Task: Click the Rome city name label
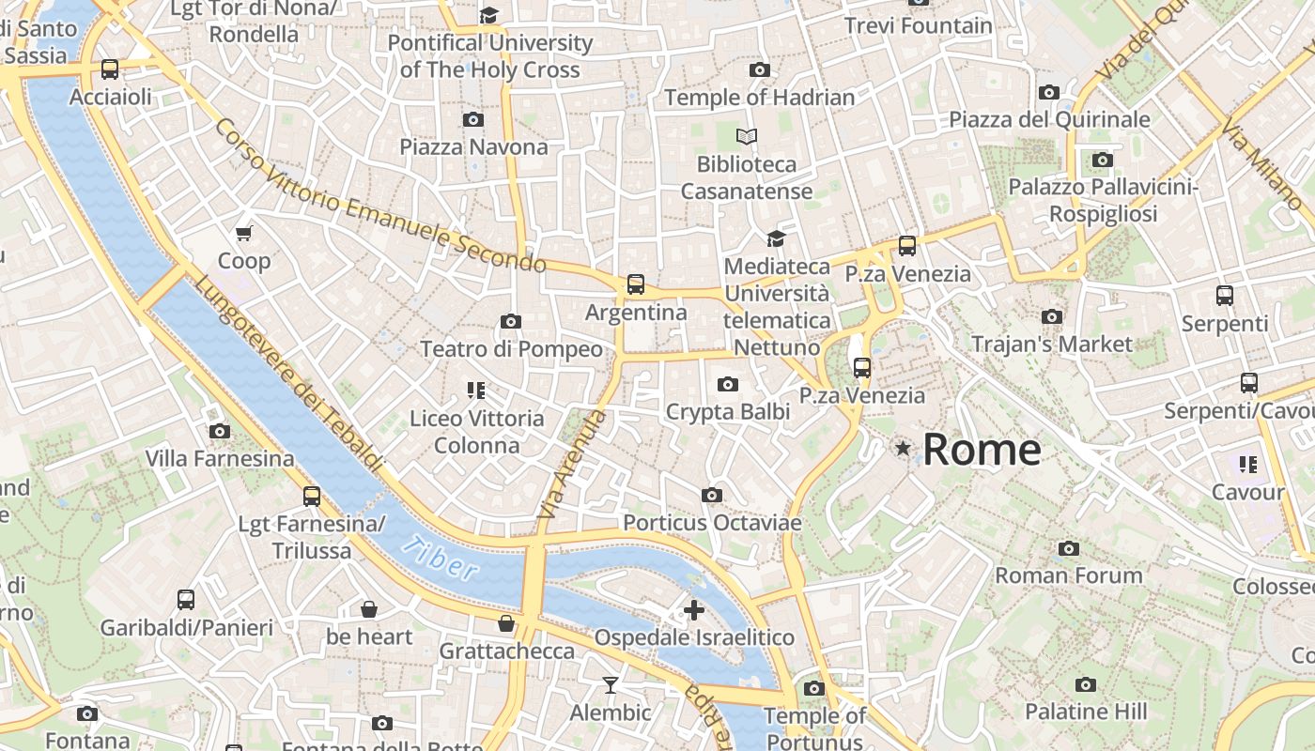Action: pos(982,450)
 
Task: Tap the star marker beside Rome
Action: pos(903,449)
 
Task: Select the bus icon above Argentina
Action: pos(636,284)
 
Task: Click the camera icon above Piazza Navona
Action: pos(473,119)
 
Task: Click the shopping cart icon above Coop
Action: pos(244,233)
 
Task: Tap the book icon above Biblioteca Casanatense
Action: pos(747,137)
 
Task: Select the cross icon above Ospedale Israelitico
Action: pos(694,611)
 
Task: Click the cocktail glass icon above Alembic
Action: pos(611,685)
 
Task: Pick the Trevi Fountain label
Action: pos(918,25)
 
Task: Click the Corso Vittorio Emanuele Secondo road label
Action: pos(379,195)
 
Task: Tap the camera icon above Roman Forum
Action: pos(1068,548)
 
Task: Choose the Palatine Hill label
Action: pos(1085,711)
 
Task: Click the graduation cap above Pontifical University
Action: pos(488,15)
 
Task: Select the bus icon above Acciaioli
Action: pos(110,69)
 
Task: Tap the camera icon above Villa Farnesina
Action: pos(220,432)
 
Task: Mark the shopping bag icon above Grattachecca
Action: pos(506,623)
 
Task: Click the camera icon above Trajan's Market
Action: pos(1052,317)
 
